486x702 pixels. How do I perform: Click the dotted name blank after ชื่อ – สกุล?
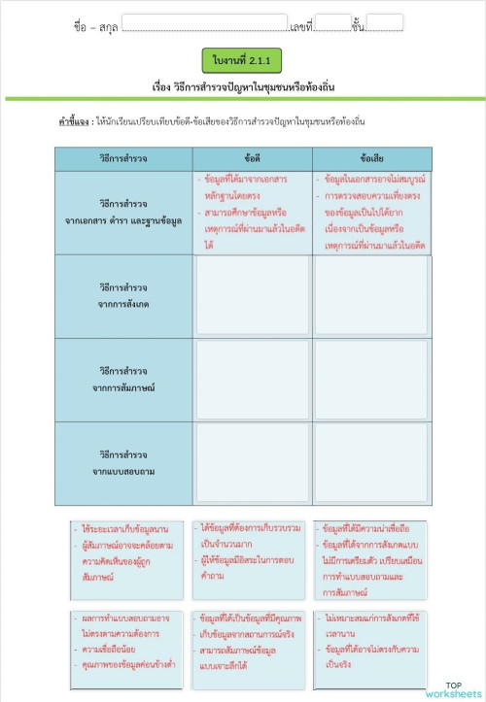pyautogui.click(x=205, y=24)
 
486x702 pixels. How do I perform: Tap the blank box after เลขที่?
pyautogui.click(x=332, y=23)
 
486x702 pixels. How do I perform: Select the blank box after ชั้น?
pyautogui.click(x=385, y=23)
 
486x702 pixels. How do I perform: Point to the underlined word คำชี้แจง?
pyautogui.click(x=74, y=122)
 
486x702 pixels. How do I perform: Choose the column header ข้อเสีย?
pyautogui.click(x=371, y=157)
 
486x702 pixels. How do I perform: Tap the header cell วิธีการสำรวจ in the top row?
pyautogui.click(x=123, y=157)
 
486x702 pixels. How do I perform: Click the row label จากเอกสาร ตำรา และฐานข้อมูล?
pyautogui.click(x=123, y=213)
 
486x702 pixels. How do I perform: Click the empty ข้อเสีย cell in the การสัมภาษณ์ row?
pyautogui.click(x=371, y=380)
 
